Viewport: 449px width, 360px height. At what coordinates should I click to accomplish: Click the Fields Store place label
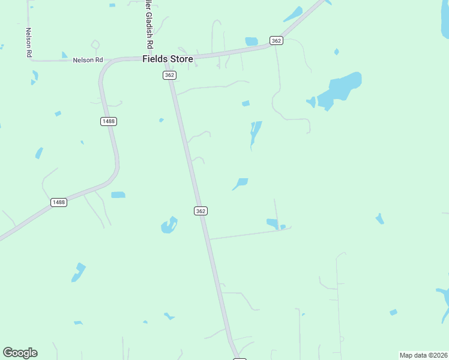point(167,59)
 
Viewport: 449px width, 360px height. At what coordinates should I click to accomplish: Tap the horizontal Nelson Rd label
point(88,60)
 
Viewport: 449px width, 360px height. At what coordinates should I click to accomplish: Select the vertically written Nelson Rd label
point(28,42)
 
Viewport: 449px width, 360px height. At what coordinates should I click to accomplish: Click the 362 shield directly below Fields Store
point(169,75)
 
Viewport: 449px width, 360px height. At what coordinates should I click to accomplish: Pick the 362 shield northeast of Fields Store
point(276,40)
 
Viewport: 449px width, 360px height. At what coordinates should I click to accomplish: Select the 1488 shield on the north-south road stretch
point(108,121)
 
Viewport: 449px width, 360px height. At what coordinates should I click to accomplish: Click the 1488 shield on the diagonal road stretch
point(58,202)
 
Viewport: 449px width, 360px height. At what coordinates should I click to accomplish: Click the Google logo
point(20,353)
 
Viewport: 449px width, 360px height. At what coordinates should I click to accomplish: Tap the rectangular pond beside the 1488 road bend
point(118,194)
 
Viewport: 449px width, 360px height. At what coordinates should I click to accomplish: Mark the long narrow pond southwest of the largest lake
point(255,133)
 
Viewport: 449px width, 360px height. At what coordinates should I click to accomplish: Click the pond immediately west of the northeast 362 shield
point(252,41)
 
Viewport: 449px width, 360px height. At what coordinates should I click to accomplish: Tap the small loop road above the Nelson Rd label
point(94,44)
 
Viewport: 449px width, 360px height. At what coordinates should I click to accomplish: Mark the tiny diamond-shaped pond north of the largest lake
point(336,52)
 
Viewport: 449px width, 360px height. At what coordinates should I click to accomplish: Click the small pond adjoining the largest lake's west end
point(311,101)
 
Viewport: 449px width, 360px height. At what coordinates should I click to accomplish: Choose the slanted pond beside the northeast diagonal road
point(293,13)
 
